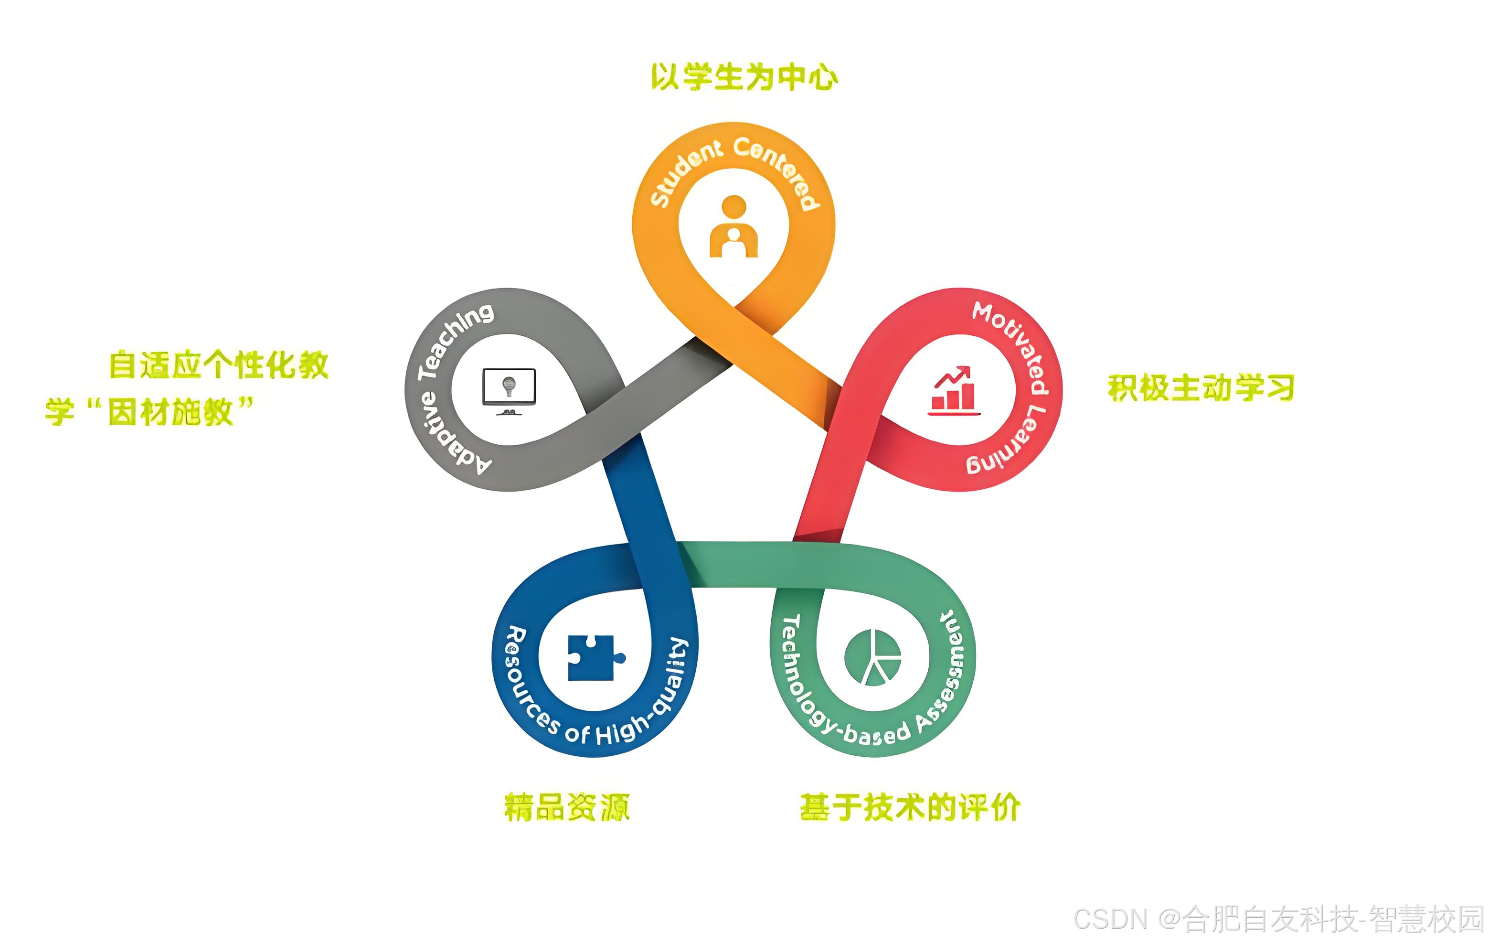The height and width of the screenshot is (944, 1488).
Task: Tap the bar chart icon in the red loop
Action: pyautogui.click(x=954, y=391)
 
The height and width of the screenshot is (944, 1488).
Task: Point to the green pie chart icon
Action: pyautogui.click(x=872, y=658)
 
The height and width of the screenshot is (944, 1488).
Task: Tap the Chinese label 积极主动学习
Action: pyautogui.click(x=1200, y=387)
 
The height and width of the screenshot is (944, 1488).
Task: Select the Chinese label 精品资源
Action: pyautogui.click(x=567, y=807)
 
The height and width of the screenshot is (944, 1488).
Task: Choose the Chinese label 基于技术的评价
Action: pyautogui.click(x=910, y=807)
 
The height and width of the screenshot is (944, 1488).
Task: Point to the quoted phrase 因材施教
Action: pyautogui.click(x=170, y=412)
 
